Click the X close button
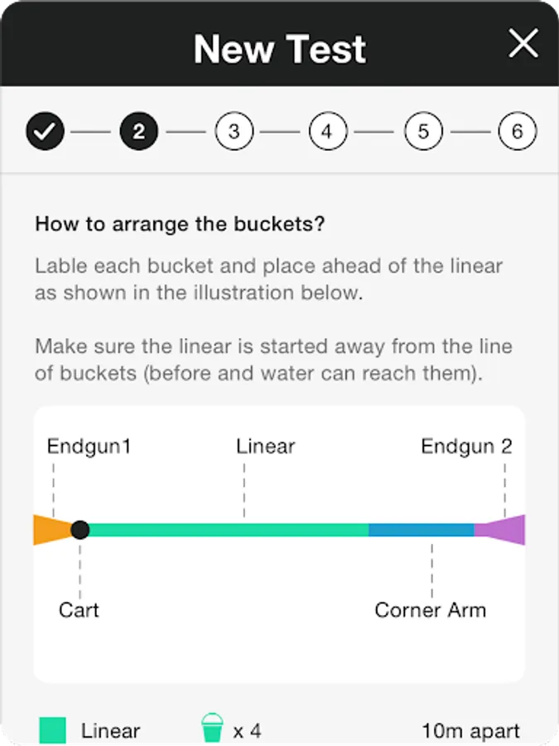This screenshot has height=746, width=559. pyautogui.click(x=523, y=43)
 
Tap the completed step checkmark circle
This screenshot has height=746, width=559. pyautogui.click(x=46, y=131)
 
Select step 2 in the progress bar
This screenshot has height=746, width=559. pyautogui.click(x=139, y=131)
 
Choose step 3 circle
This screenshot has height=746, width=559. pyautogui.click(x=234, y=131)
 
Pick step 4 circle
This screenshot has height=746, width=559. pyautogui.click(x=328, y=131)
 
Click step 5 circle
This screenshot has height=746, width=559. pyautogui.click(x=423, y=131)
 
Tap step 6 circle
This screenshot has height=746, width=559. pyautogui.click(x=517, y=131)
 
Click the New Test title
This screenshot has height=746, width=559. pyautogui.click(x=280, y=49)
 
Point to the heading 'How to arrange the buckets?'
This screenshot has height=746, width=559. pyautogui.click(x=180, y=224)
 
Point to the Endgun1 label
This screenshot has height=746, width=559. pyautogui.click(x=89, y=446)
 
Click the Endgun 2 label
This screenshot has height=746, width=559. pyautogui.click(x=466, y=446)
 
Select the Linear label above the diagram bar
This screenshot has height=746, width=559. pyautogui.click(x=265, y=446)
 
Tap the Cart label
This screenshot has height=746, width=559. pyautogui.click(x=79, y=610)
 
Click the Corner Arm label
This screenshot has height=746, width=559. pyautogui.click(x=430, y=610)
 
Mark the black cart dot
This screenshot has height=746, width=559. pyautogui.click(x=80, y=530)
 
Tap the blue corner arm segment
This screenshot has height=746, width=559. pyautogui.click(x=422, y=530)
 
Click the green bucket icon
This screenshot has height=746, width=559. pyautogui.click(x=212, y=728)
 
